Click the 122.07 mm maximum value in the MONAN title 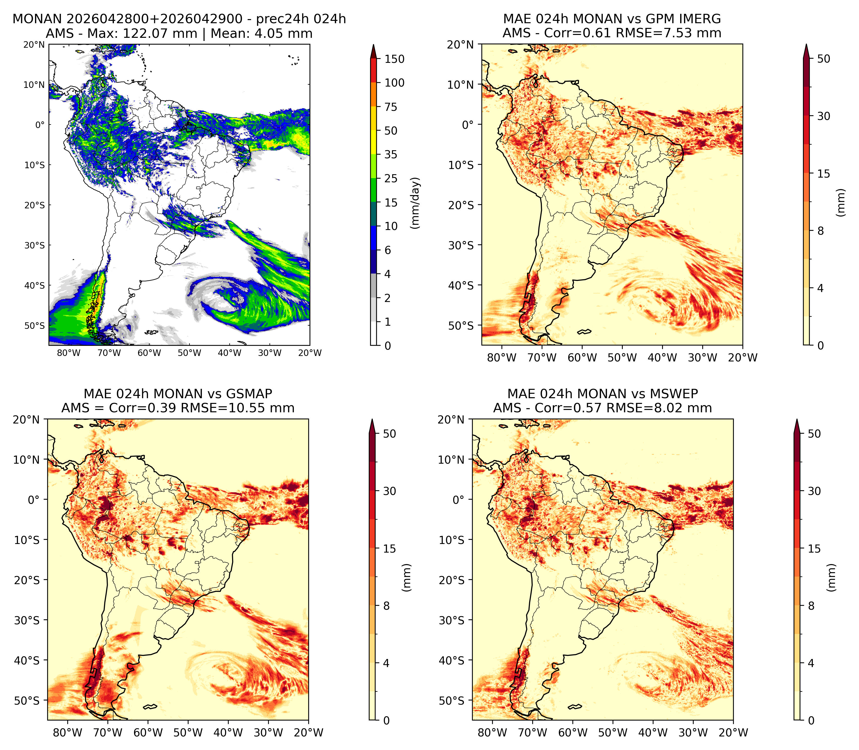point(159,33)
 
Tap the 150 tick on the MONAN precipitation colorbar point(395,59)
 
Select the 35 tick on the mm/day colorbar point(391,154)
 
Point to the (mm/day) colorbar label point(415,203)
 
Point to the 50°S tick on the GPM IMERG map point(461,326)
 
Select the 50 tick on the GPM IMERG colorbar point(824,59)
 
